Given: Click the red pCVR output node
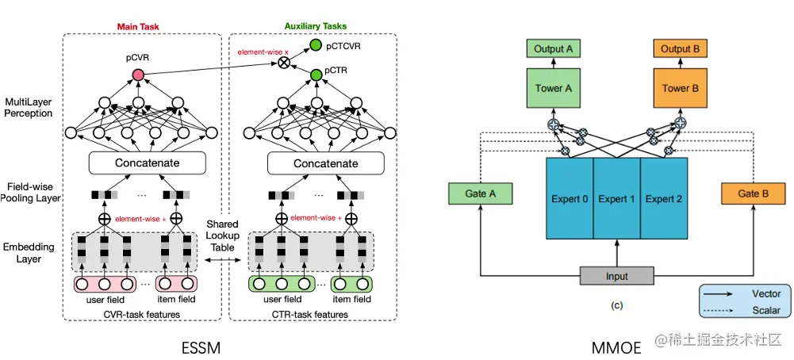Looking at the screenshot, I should click(x=138, y=75).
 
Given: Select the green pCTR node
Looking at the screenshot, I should click(x=316, y=75).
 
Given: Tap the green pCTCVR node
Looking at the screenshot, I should click(x=316, y=46).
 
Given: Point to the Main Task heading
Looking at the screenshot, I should click(x=139, y=26).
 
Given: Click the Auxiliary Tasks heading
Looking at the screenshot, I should click(x=315, y=26).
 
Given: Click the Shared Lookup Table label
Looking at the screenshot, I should click(x=222, y=236).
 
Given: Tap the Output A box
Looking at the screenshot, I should click(x=553, y=49).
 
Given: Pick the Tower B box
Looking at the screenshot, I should click(x=679, y=88).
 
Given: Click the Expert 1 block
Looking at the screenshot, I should click(x=616, y=198).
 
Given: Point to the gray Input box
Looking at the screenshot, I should click(x=616, y=276).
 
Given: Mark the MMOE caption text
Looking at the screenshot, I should click(x=616, y=346).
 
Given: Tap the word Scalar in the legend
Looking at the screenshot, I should click(x=765, y=311).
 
